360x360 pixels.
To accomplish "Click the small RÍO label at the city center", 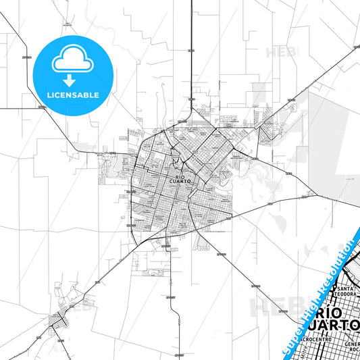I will [179, 176].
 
